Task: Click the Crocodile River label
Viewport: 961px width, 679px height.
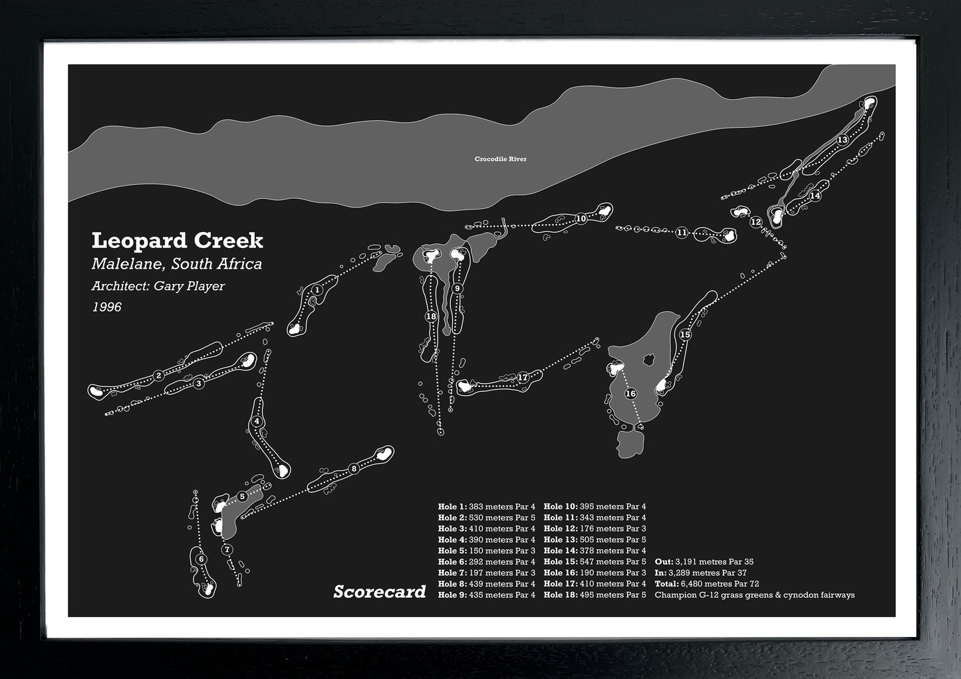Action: [x=500, y=159]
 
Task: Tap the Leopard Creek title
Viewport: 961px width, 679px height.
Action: [x=178, y=240]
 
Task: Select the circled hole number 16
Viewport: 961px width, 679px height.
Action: [x=630, y=394]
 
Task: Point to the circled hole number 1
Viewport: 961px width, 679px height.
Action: [x=317, y=290]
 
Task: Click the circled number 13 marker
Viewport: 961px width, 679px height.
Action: [x=843, y=140]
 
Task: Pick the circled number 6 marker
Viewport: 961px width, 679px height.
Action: [x=202, y=559]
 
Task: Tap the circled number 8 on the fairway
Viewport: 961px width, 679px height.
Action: [x=354, y=468]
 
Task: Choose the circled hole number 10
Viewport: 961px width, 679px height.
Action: [x=581, y=218]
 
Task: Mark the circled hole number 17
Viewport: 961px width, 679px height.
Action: [x=523, y=377]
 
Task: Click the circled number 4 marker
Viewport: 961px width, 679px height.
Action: [x=257, y=421]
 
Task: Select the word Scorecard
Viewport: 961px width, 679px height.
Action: [x=379, y=591]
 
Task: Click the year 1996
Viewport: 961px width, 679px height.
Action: [x=106, y=307]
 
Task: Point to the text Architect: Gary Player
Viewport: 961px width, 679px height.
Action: [x=158, y=286]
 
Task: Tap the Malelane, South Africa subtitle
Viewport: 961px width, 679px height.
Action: [x=177, y=264]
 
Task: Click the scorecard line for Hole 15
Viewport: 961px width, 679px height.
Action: [x=595, y=562]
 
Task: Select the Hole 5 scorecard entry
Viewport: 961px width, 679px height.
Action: [x=486, y=551]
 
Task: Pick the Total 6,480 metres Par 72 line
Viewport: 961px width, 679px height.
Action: [x=706, y=584]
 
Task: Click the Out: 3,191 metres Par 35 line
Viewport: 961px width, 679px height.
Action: [x=704, y=562]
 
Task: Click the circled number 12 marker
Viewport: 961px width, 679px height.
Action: [x=755, y=222]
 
